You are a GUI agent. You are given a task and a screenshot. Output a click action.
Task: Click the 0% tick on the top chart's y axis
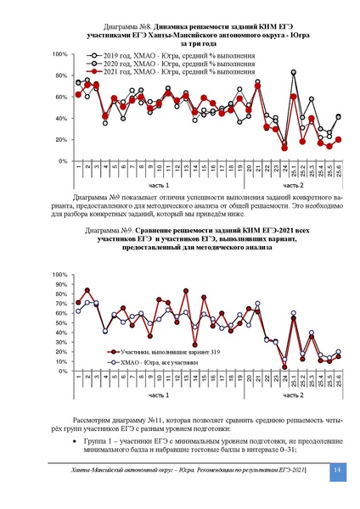click(63, 160)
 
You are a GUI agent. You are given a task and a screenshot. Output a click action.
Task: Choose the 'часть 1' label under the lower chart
click(157, 396)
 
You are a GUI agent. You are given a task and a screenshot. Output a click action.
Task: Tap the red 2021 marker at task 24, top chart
click(284, 147)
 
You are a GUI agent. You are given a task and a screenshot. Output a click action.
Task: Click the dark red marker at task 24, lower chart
click(284, 366)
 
